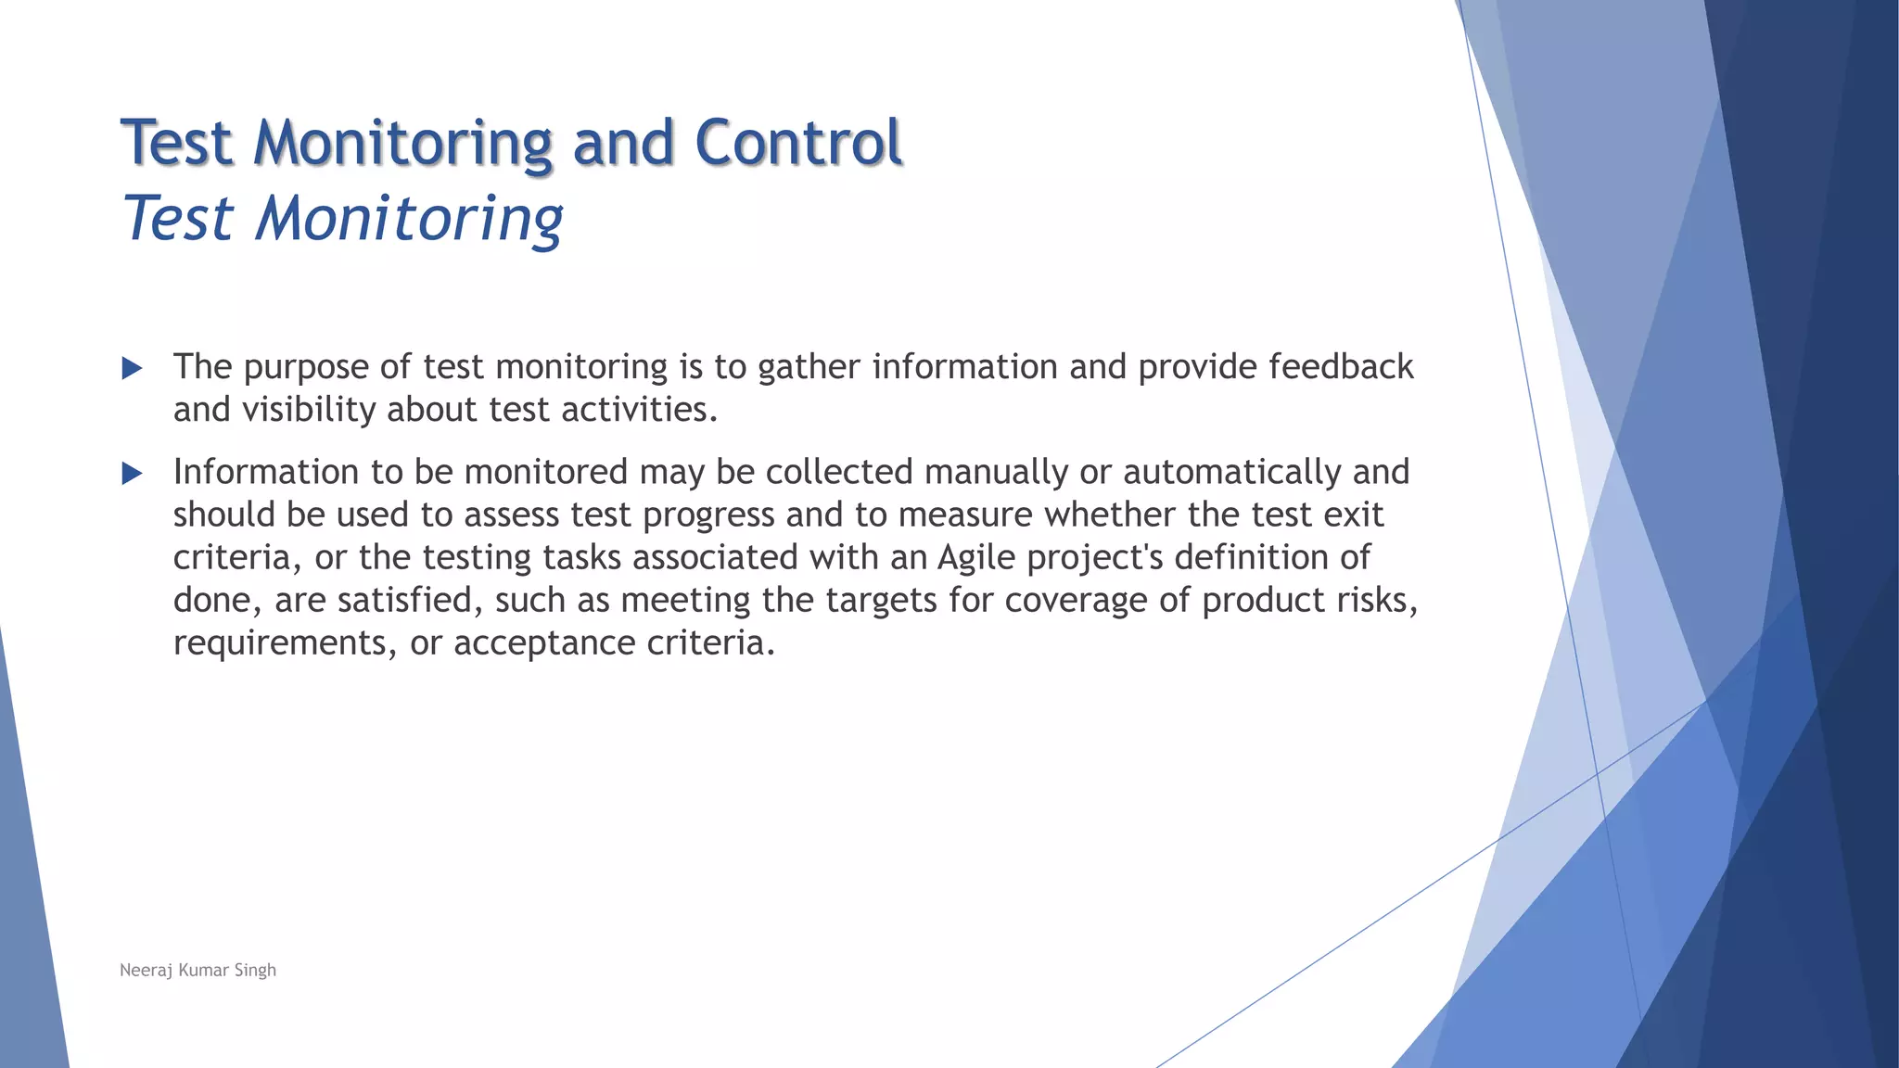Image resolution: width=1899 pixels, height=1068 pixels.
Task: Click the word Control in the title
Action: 797,143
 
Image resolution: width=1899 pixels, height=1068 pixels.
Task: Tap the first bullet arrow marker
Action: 132,369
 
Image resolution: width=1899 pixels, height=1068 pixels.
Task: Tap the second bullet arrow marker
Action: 132,475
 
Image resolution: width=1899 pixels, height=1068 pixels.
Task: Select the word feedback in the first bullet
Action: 1341,367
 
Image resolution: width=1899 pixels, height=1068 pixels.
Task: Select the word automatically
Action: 1231,473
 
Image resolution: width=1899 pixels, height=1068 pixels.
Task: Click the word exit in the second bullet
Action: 1353,515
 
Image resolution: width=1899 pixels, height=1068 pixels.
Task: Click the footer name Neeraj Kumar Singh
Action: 198,970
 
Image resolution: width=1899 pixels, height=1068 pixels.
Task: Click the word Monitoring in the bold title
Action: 403,143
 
